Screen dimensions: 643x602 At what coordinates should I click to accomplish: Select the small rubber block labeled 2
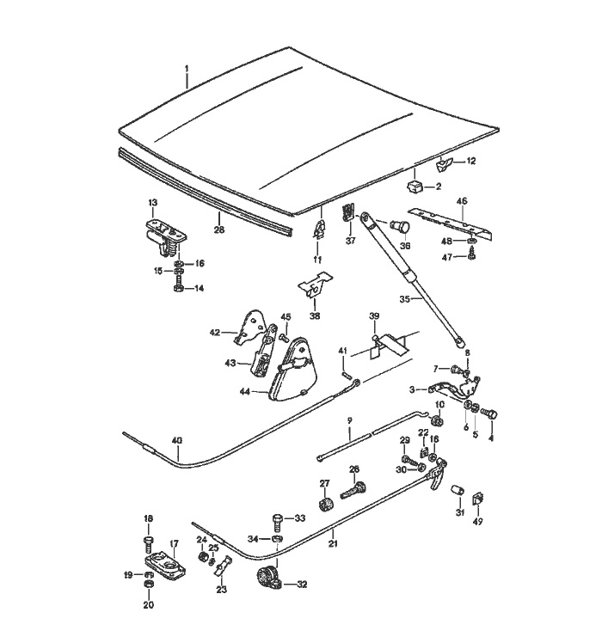pyautogui.click(x=414, y=184)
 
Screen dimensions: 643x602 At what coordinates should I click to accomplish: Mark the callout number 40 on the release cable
pyautogui.click(x=176, y=441)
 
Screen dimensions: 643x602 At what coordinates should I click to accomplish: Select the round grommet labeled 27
pyautogui.click(x=326, y=503)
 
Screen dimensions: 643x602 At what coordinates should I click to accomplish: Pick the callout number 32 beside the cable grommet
pyautogui.click(x=301, y=585)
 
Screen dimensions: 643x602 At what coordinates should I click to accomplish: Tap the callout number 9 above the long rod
pyautogui.click(x=350, y=419)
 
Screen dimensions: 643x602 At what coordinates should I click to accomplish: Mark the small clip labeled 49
pyautogui.click(x=478, y=499)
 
